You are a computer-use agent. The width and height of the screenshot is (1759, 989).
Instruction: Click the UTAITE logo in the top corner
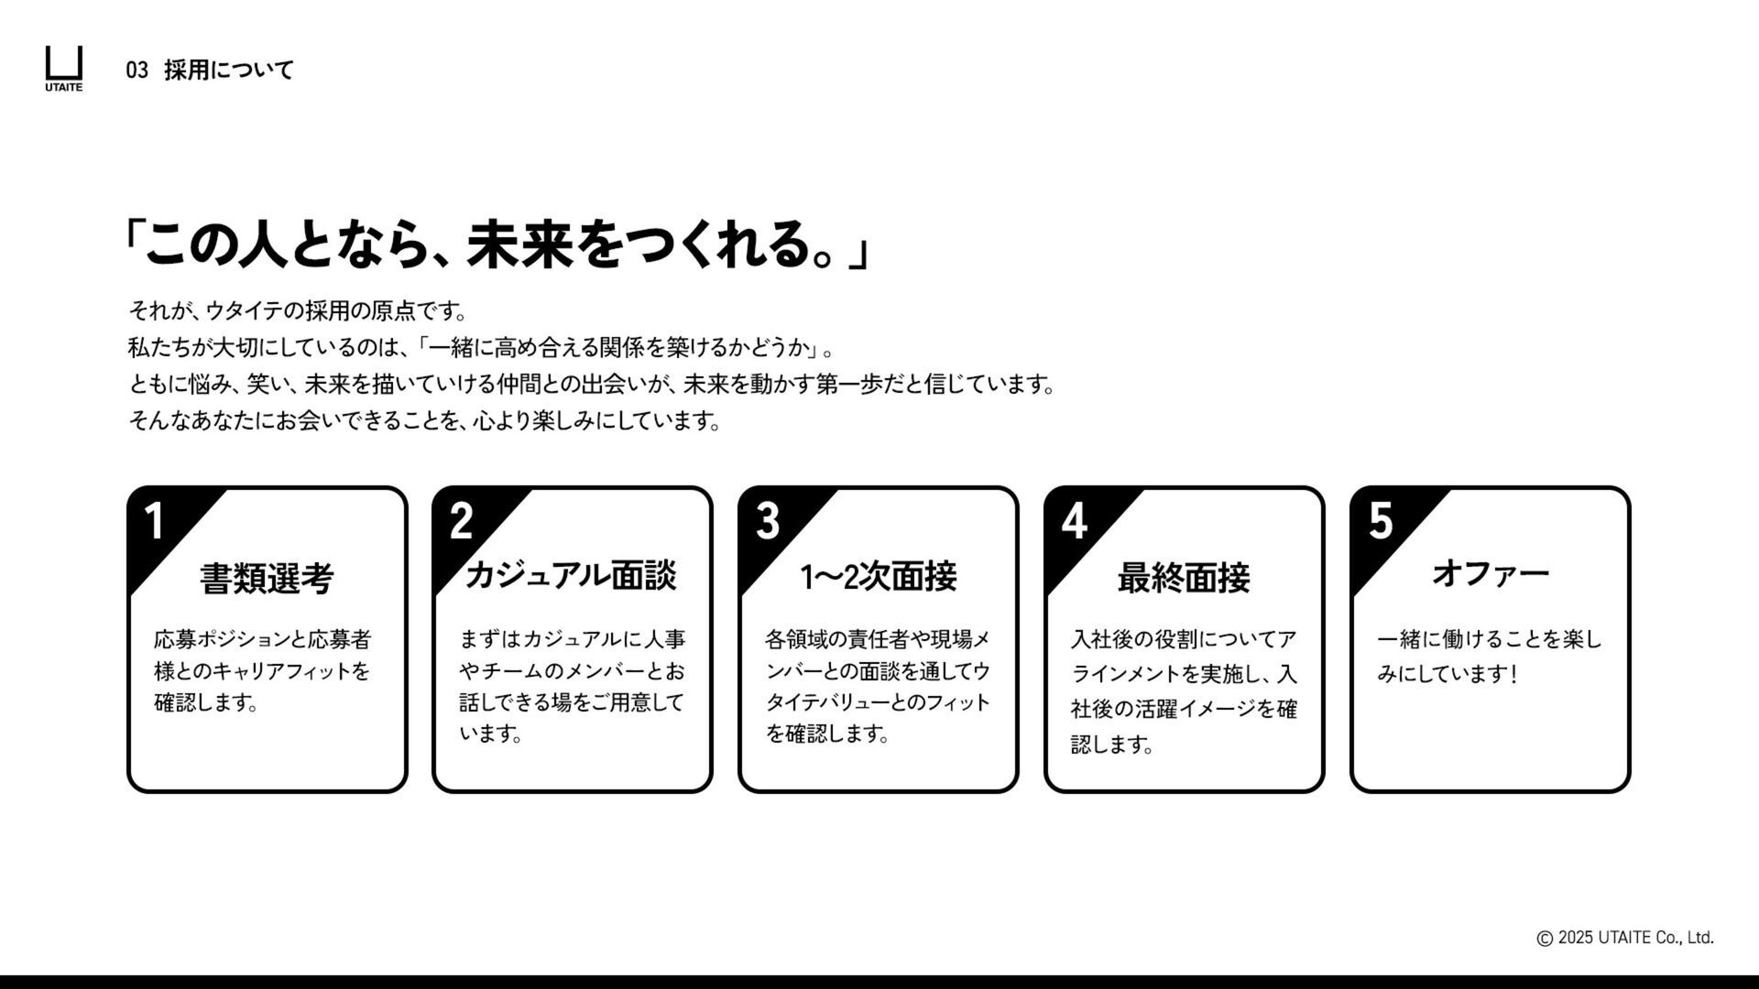click(64, 68)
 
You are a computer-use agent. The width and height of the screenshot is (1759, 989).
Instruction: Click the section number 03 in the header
click(137, 71)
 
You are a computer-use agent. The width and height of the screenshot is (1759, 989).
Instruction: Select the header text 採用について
click(229, 71)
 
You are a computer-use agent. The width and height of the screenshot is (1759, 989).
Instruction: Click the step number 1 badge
click(155, 521)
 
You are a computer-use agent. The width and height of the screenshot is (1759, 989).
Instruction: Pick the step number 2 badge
click(461, 521)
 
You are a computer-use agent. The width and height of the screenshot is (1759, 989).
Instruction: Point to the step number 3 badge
click(768, 521)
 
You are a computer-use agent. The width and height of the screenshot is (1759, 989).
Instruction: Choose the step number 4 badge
click(1074, 521)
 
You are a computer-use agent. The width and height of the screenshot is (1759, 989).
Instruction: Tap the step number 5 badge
click(1381, 521)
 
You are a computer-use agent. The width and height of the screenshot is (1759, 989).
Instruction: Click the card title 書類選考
click(267, 579)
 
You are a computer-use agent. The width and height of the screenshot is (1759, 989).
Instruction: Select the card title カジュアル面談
click(572, 576)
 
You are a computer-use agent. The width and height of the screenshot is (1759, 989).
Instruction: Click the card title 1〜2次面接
click(879, 577)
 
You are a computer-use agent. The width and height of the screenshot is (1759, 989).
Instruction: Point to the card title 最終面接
click(1184, 579)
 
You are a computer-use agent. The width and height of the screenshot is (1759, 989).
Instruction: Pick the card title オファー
click(1490, 574)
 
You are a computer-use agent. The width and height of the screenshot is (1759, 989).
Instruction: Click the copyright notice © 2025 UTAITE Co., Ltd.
click(1624, 938)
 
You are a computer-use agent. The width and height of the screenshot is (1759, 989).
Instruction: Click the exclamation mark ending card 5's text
click(1514, 675)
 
